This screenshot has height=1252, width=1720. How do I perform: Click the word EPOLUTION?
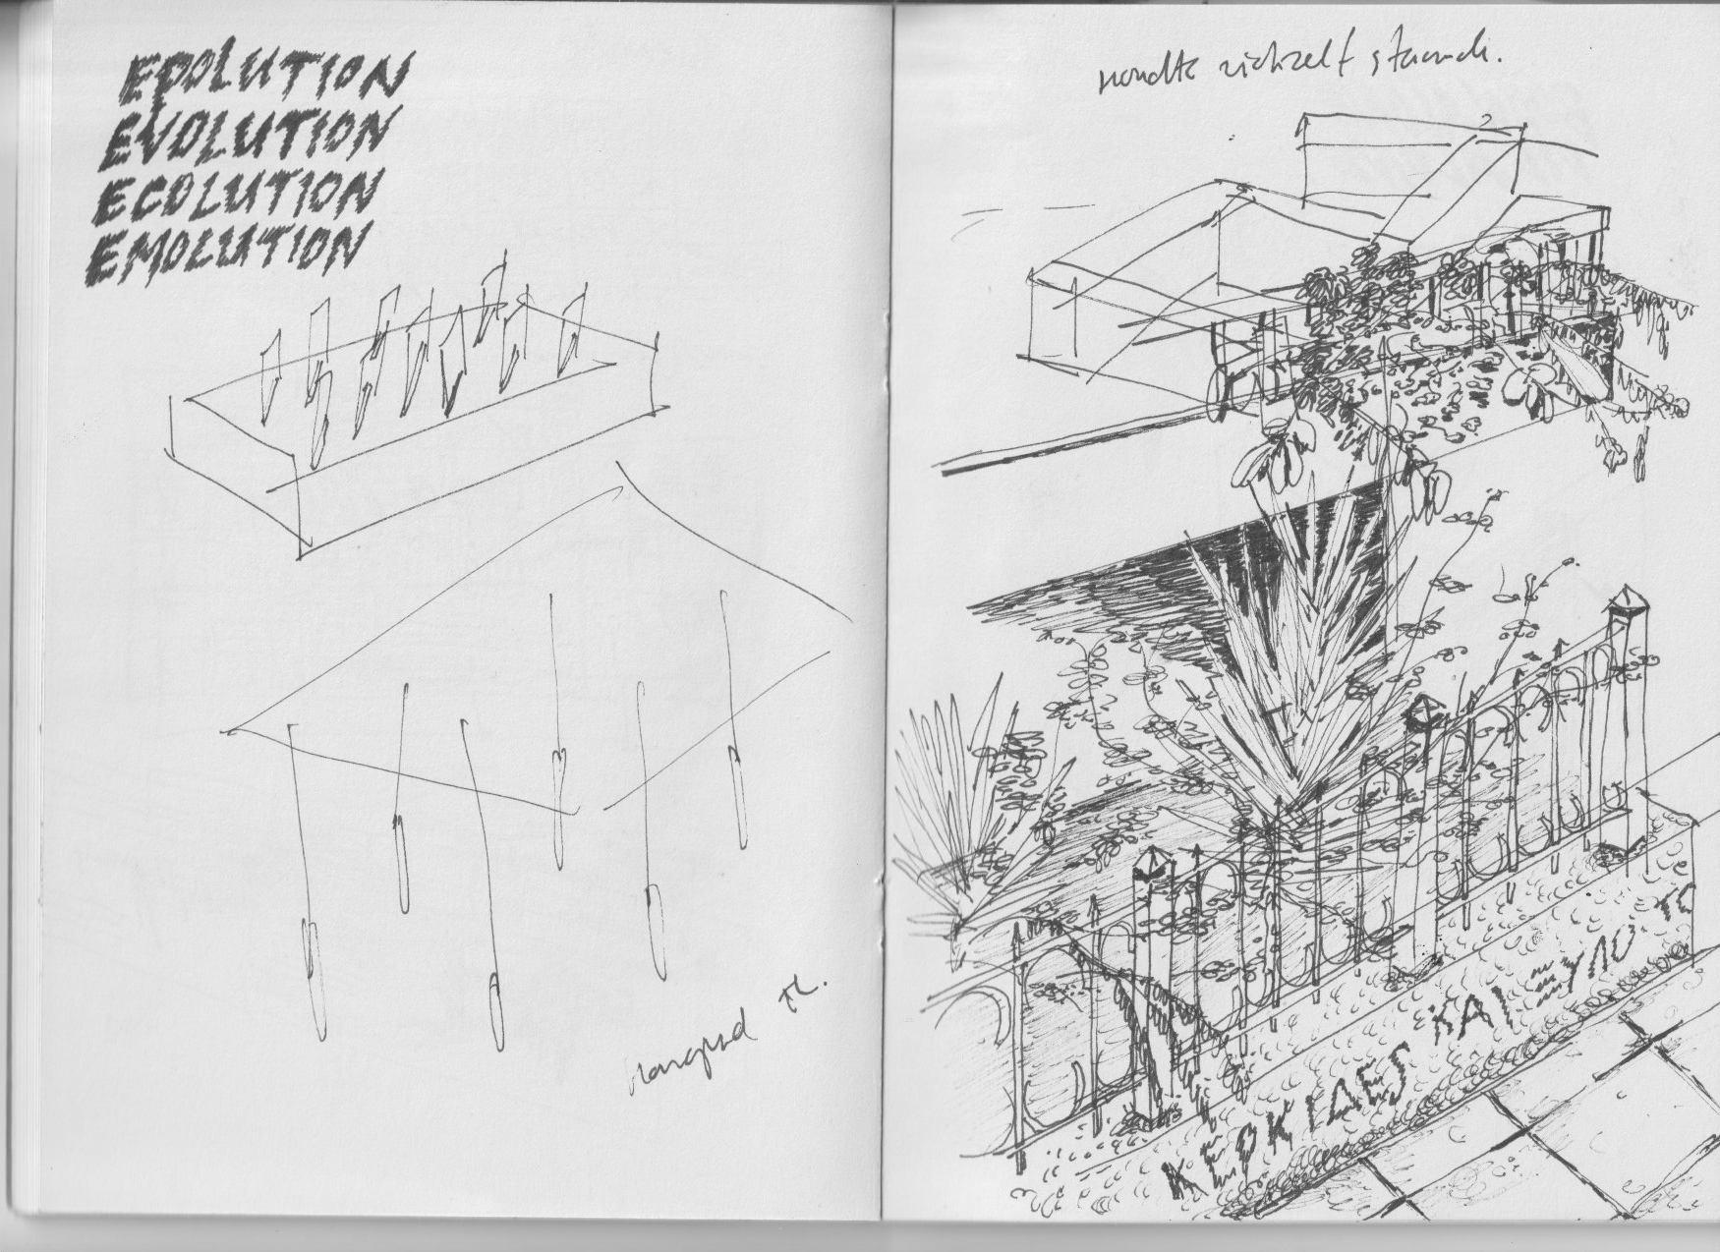pos(259,79)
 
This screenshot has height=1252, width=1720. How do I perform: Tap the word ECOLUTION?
pos(236,194)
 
